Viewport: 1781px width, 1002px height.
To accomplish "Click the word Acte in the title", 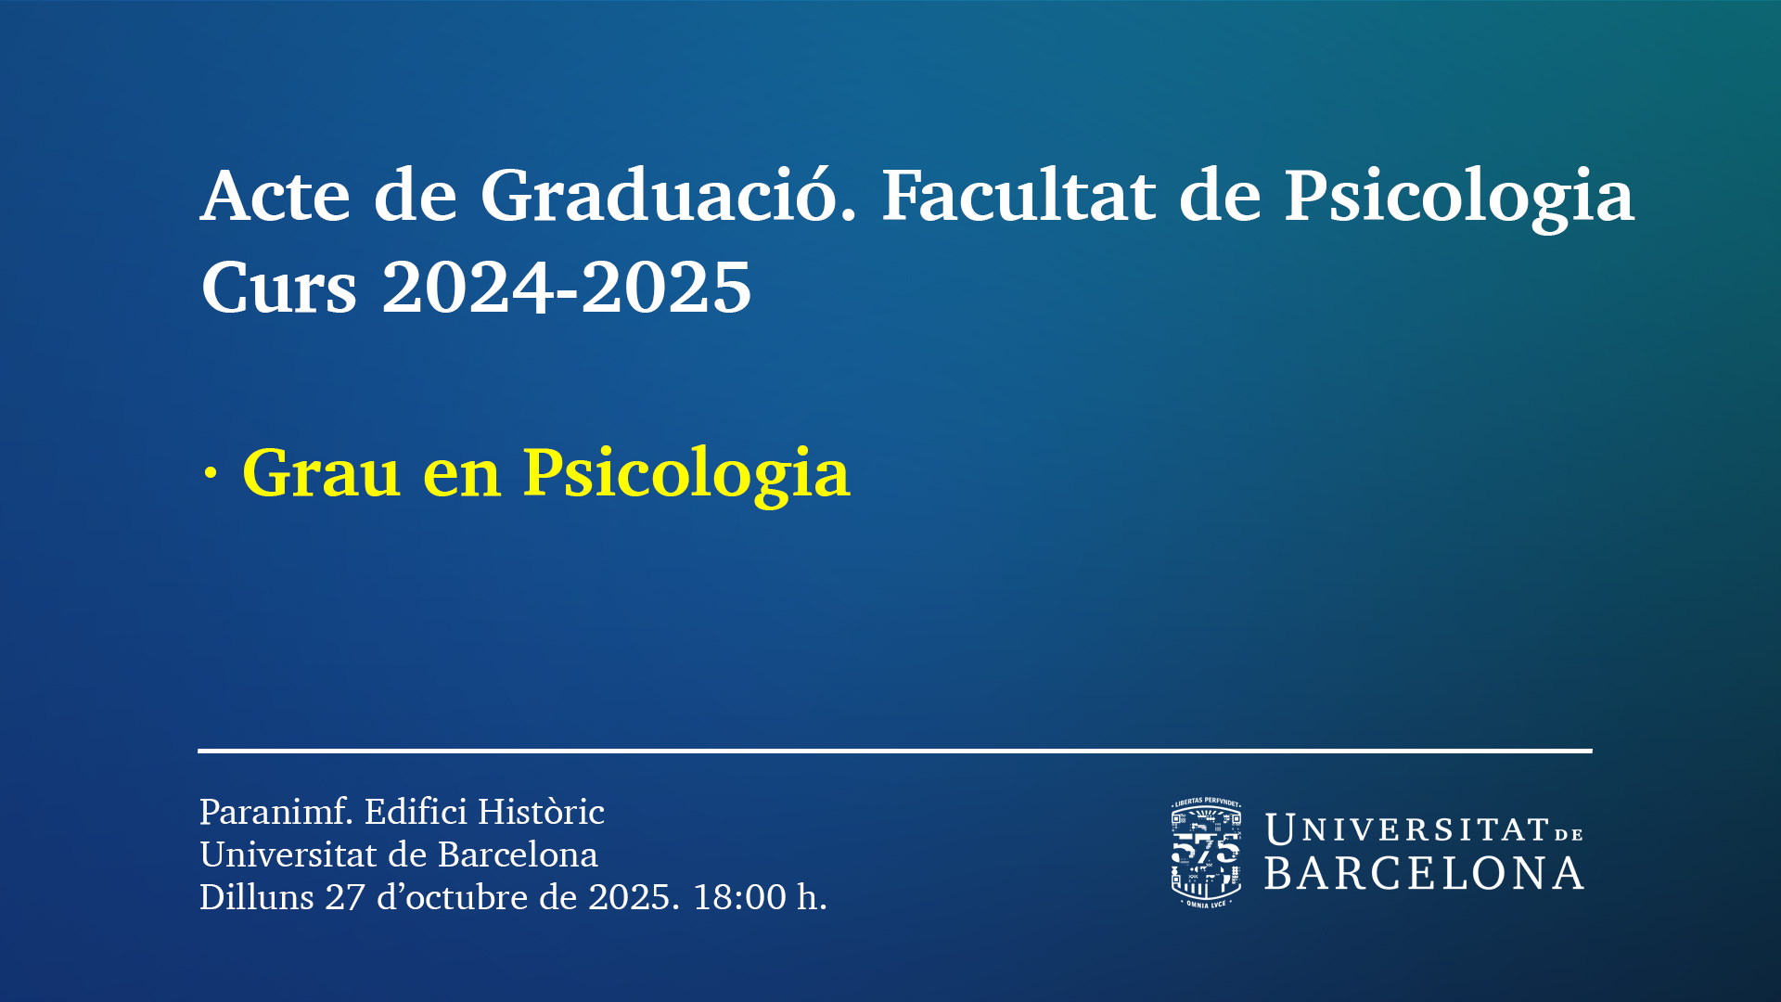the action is (275, 196).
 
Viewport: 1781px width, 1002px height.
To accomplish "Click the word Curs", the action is (278, 287).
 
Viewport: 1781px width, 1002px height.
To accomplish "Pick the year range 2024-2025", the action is (567, 287).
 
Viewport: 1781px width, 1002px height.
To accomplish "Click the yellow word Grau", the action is (321, 473).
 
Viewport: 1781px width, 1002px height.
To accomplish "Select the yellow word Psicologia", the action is (686, 476).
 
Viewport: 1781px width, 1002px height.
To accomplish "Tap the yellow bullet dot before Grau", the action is (211, 474).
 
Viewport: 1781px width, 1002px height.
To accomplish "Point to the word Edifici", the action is (416, 811).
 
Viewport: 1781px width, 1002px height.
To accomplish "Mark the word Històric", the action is (542, 811).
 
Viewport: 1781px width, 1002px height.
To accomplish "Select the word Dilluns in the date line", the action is (257, 896).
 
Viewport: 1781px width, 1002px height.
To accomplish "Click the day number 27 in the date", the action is (344, 897).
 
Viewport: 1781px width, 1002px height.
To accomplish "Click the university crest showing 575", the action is (1206, 853).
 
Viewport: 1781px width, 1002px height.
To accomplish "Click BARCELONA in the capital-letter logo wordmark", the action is (1424, 874).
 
